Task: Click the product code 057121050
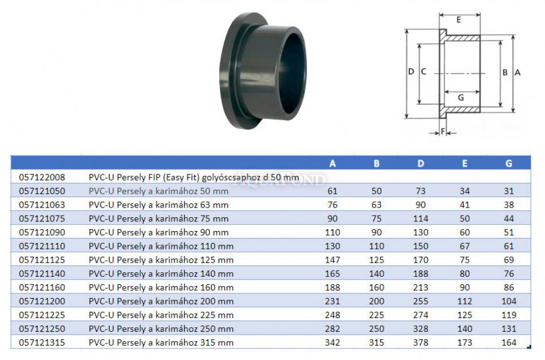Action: tap(42, 191)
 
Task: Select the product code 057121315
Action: tap(42, 343)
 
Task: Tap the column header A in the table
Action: tap(333, 163)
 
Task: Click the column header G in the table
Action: tap(508, 163)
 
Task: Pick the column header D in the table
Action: tap(421, 163)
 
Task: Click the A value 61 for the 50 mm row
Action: tap(333, 191)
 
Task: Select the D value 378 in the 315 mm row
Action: tap(421, 343)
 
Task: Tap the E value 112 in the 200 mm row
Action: tap(465, 302)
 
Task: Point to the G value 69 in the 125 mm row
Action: tap(508, 260)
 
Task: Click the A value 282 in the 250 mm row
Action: tap(333, 329)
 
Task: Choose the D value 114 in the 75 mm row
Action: tap(421, 218)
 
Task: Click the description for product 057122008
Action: tap(193, 177)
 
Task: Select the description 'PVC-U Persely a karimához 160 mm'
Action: tap(161, 288)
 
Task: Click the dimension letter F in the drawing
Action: tap(443, 132)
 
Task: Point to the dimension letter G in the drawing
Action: tap(460, 97)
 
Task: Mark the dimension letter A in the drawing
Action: tap(517, 73)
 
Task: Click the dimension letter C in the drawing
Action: tap(423, 72)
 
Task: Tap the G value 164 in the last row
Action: tap(508, 343)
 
